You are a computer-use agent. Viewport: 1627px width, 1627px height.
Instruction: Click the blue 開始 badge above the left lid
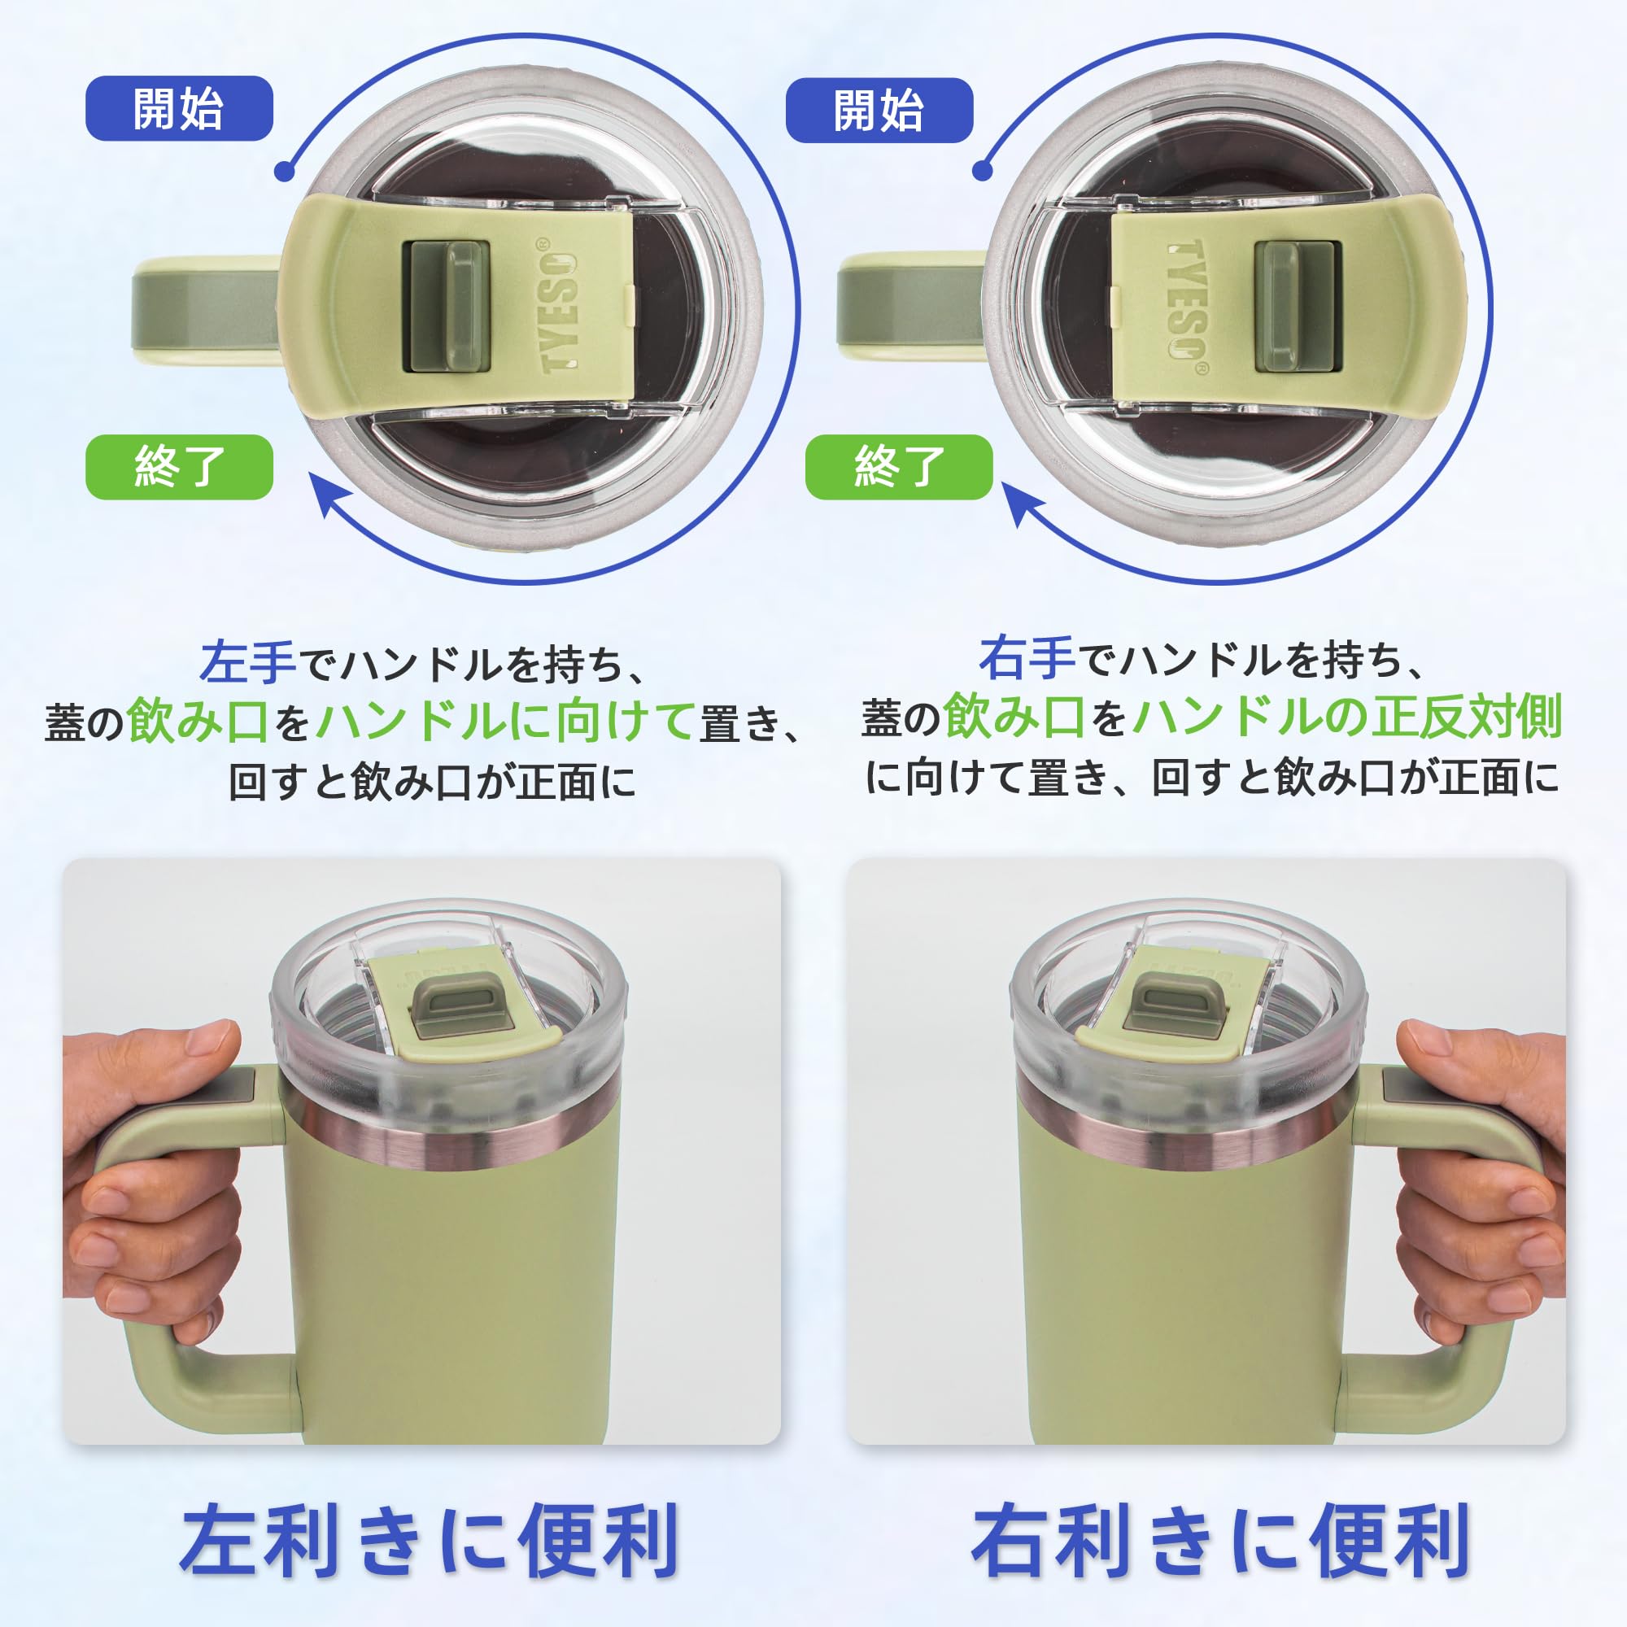click(x=179, y=109)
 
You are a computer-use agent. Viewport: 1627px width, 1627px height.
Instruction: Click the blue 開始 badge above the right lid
click(x=879, y=111)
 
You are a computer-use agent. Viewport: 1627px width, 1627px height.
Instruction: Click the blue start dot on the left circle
click(x=286, y=171)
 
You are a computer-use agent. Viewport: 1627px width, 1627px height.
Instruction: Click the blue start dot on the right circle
click(x=982, y=170)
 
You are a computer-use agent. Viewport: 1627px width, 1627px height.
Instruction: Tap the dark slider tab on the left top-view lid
click(x=447, y=307)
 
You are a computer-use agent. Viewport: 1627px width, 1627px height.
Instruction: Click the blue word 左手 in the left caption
click(x=247, y=662)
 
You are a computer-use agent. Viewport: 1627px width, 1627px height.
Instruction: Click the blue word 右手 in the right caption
click(x=1027, y=657)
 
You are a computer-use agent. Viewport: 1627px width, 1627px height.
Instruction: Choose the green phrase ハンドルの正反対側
click(x=1347, y=716)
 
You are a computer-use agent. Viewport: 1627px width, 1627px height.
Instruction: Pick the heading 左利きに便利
click(x=430, y=1540)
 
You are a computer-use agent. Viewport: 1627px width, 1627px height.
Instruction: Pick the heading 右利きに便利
click(x=1220, y=1540)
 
